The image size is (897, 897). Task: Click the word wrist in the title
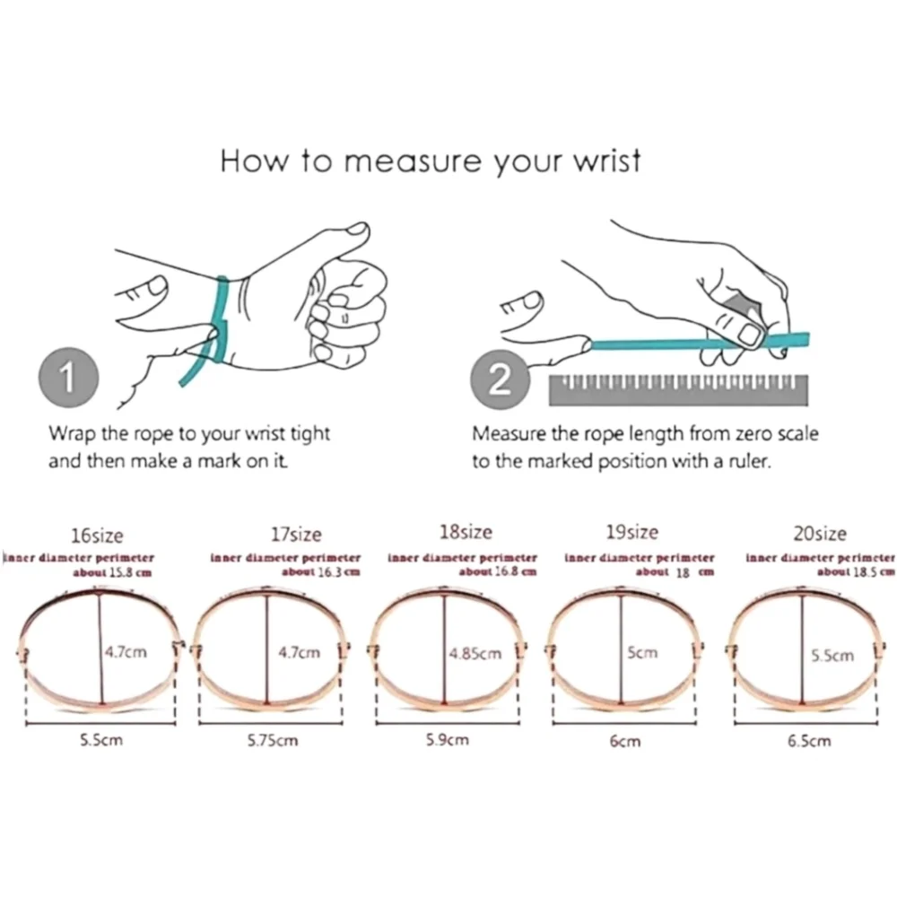(x=607, y=161)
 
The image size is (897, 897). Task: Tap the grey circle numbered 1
(x=69, y=378)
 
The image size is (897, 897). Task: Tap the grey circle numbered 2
(x=500, y=379)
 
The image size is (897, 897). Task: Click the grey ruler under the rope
(x=678, y=390)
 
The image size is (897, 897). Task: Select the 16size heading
(x=97, y=536)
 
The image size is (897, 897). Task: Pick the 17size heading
(x=296, y=535)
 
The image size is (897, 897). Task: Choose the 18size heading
(x=466, y=532)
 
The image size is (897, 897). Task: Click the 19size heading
(x=632, y=532)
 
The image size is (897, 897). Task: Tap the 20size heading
(x=820, y=534)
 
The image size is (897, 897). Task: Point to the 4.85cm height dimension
(x=475, y=653)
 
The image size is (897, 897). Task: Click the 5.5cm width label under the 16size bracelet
(x=101, y=740)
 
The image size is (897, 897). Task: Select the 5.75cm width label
(x=273, y=740)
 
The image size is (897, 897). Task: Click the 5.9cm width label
(x=448, y=740)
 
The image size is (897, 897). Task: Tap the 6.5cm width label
(x=809, y=741)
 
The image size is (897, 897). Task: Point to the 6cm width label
(x=624, y=742)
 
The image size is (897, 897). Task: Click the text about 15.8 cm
(x=112, y=572)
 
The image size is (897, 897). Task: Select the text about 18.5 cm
(x=856, y=572)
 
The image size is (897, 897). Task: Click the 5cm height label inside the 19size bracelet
(x=642, y=653)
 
